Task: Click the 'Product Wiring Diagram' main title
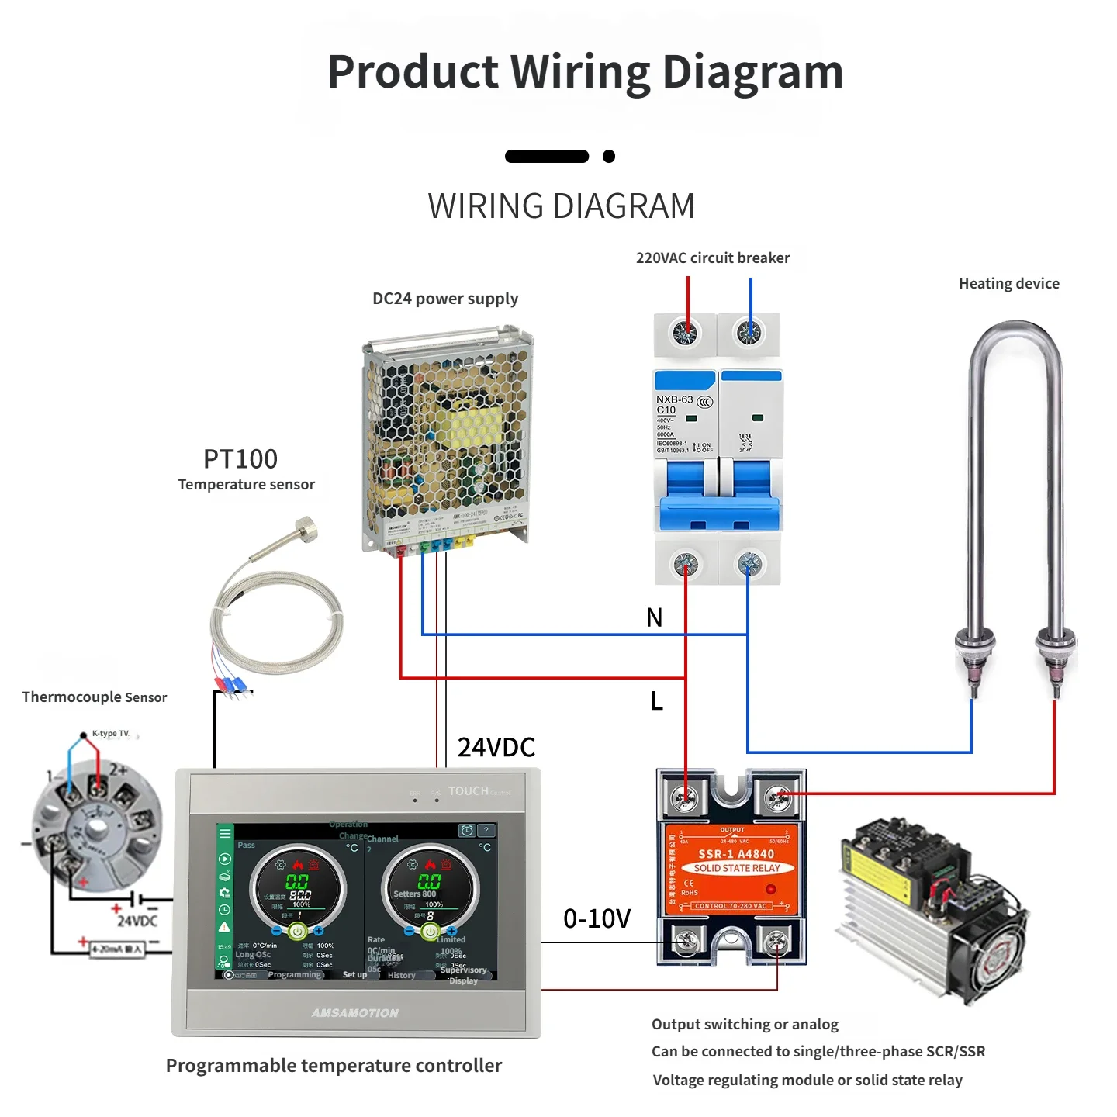pyautogui.click(x=585, y=71)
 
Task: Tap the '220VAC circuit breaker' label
pyautogui.click(x=712, y=258)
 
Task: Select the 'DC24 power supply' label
pyautogui.click(x=445, y=299)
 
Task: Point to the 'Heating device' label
pyautogui.click(x=1008, y=284)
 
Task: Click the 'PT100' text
pyautogui.click(x=240, y=459)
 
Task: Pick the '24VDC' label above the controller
pyautogui.click(x=496, y=748)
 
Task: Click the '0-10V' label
pyautogui.click(x=597, y=919)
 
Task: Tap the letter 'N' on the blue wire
pyautogui.click(x=654, y=617)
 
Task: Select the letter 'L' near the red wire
pyautogui.click(x=656, y=701)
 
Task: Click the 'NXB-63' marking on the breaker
pyautogui.click(x=674, y=399)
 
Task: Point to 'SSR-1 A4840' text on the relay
pyautogui.click(x=736, y=854)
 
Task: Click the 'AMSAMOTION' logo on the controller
pyautogui.click(x=355, y=1013)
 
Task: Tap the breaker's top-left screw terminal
pyautogui.click(x=685, y=333)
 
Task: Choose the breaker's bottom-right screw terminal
pyautogui.click(x=749, y=564)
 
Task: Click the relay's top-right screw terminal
pyautogui.click(x=777, y=797)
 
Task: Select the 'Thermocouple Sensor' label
pyautogui.click(x=94, y=697)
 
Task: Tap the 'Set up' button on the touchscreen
pyautogui.click(x=354, y=975)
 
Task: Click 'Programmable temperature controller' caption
pyautogui.click(x=334, y=1066)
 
